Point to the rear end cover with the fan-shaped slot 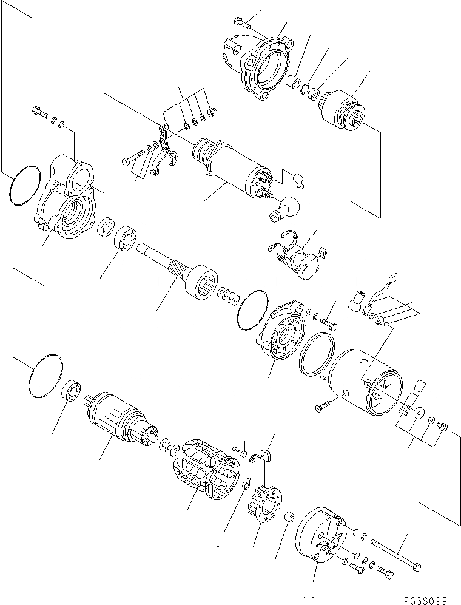tap(318, 536)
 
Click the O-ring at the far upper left tap(25, 185)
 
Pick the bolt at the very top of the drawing tap(241, 25)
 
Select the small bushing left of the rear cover tap(290, 518)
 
